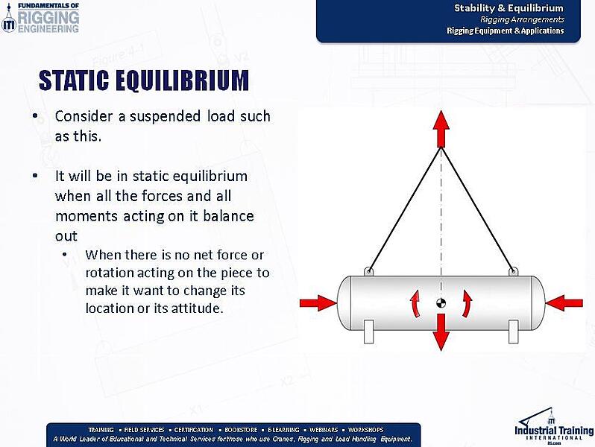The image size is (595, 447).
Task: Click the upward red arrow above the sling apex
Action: point(441,128)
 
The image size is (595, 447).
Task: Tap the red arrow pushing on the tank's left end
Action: point(318,302)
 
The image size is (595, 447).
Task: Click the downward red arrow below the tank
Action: point(441,332)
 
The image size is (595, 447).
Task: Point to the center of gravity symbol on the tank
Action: point(441,303)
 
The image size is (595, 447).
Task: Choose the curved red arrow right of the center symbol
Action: point(467,302)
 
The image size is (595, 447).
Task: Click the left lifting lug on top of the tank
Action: point(368,271)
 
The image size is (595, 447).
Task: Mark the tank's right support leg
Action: point(513,332)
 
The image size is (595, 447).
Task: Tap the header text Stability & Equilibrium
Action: point(509,8)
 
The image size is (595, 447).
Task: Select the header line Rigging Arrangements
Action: point(522,19)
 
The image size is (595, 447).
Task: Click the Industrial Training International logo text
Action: point(553,431)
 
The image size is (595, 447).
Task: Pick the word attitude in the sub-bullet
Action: point(196,308)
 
